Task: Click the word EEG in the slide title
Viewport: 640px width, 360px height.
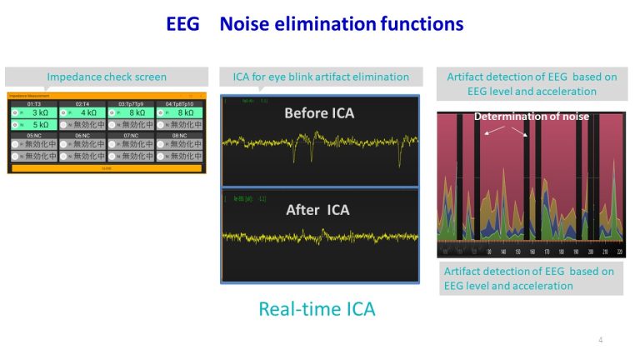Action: tap(182, 24)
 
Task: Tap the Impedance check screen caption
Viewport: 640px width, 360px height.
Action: tap(107, 77)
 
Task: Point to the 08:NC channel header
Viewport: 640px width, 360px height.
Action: tap(179, 134)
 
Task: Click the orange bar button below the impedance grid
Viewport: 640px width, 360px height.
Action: tap(106, 167)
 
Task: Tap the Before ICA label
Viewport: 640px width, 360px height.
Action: tap(320, 112)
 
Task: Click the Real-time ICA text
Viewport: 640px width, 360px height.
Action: tap(317, 309)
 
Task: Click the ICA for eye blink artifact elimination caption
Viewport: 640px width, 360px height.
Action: tap(320, 77)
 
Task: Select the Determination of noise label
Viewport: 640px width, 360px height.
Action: tap(532, 117)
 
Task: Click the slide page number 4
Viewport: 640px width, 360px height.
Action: tap(600, 340)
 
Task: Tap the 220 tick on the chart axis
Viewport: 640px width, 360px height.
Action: tap(618, 252)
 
